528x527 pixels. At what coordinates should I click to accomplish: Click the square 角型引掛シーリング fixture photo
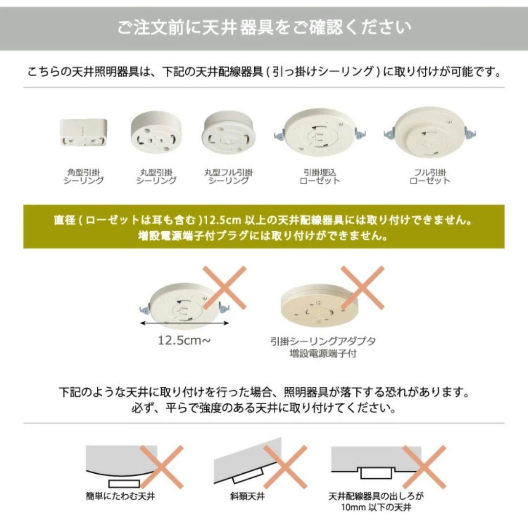(84, 132)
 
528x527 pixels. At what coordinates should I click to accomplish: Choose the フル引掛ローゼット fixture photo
(430, 131)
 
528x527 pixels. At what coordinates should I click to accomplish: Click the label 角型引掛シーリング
(84, 176)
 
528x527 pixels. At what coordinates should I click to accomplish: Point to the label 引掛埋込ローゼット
(320, 176)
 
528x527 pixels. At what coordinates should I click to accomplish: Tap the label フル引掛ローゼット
(430, 176)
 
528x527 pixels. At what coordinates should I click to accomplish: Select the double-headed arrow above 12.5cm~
(184, 323)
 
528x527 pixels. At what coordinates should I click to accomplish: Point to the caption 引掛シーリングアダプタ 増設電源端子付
(323, 347)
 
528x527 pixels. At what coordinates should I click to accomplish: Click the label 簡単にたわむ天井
(120, 497)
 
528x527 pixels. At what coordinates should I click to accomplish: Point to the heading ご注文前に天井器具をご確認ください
(264, 27)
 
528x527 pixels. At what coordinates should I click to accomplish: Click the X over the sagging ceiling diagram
(161, 466)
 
